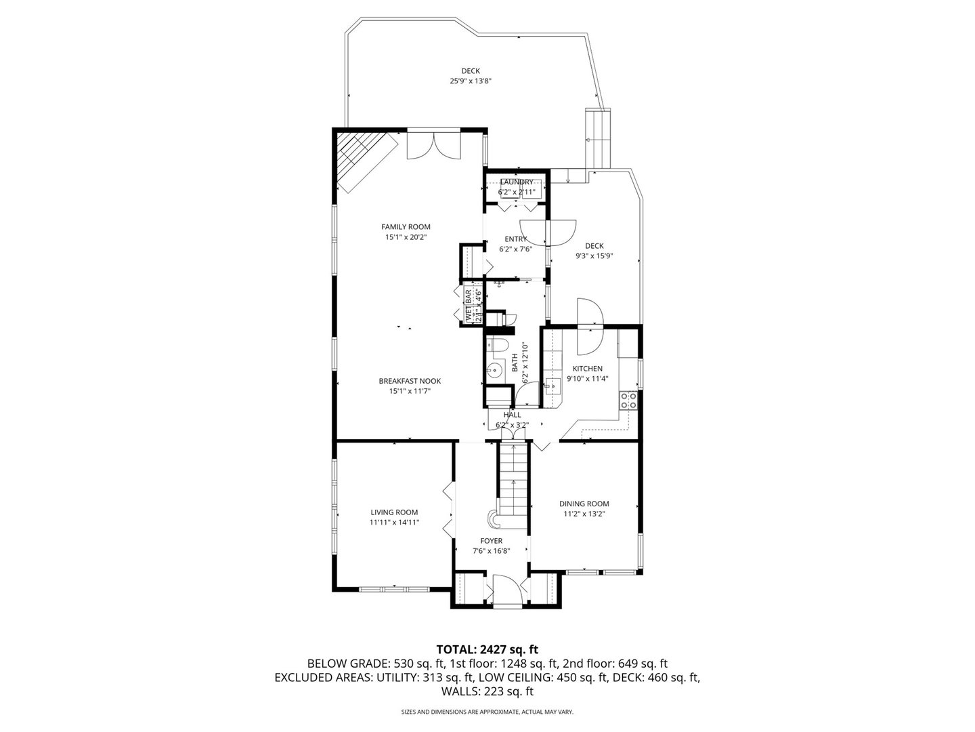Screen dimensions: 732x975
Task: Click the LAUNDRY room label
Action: click(516, 182)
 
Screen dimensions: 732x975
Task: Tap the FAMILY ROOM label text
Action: click(406, 227)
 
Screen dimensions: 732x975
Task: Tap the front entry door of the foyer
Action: click(506, 590)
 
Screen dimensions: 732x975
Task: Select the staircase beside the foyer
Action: click(515, 478)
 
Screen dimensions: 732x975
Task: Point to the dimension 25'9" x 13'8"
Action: click(471, 81)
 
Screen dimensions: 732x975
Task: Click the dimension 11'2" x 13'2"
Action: click(584, 514)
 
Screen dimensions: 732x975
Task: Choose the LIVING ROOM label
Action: click(394, 512)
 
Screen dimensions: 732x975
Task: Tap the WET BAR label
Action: click(468, 305)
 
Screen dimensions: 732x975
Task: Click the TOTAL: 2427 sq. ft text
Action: click(487, 649)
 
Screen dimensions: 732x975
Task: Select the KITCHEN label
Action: click(587, 369)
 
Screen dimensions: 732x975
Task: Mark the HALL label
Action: click(512, 415)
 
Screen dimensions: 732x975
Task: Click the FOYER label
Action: click(491, 541)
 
